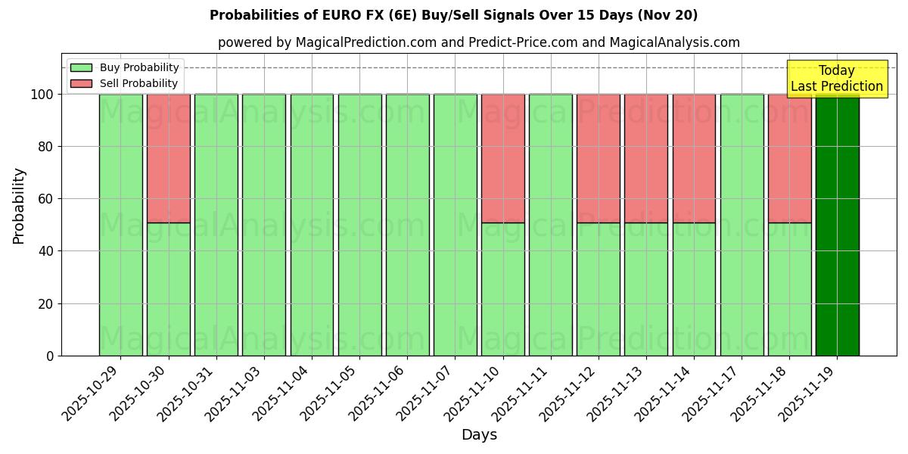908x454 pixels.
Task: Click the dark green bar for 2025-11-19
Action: pos(837,225)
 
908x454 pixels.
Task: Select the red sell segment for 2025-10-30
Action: pos(168,158)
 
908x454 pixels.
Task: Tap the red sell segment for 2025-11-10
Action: pos(503,158)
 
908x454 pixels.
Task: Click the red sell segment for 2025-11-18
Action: pos(789,158)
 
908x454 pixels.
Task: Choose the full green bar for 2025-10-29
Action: pos(120,225)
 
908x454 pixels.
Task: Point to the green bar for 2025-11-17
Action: pos(742,225)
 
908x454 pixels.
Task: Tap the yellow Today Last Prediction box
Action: pos(836,79)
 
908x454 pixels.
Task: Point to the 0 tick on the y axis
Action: pos(50,356)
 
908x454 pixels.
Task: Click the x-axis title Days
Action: pos(479,435)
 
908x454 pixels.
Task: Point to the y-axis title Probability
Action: pos(19,206)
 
